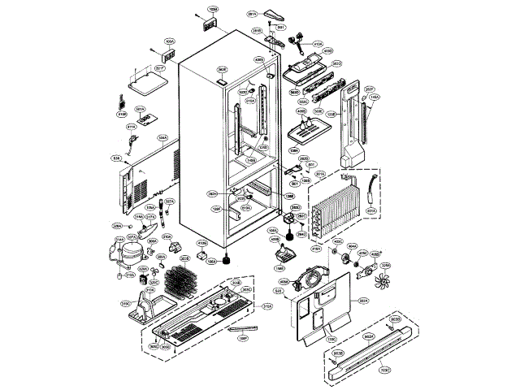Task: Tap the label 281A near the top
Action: (x=252, y=15)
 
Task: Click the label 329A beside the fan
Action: (x=386, y=265)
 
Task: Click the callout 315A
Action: (x=266, y=306)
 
